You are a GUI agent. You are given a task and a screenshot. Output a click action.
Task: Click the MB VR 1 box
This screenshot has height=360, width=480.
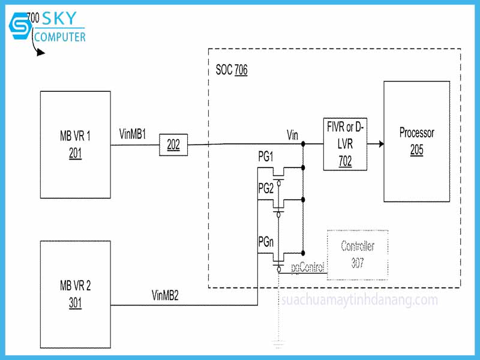click(x=75, y=144)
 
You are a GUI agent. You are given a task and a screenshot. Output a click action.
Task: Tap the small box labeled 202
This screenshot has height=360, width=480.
click(x=173, y=145)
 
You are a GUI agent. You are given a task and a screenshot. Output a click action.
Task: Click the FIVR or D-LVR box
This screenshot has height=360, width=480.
click(x=345, y=144)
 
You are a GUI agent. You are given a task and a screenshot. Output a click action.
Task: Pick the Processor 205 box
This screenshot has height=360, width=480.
click(x=416, y=142)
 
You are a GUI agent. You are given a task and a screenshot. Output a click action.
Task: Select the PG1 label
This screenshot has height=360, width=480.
click(x=266, y=157)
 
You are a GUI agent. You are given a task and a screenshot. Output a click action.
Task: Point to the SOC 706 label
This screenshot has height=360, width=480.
click(x=232, y=71)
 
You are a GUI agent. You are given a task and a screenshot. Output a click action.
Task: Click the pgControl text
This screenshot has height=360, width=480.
click(x=308, y=267)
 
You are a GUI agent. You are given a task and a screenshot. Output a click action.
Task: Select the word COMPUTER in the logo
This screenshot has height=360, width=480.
click(x=60, y=37)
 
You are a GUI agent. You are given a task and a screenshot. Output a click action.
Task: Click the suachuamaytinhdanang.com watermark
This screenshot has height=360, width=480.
click(x=359, y=299)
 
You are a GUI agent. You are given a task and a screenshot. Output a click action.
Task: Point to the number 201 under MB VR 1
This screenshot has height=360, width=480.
click(x=75, y=154)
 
